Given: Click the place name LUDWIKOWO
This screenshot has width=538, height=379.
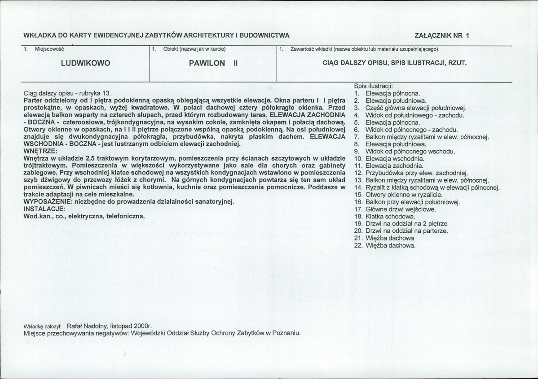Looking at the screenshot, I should point(85,63).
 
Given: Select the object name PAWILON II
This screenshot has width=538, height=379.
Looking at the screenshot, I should point(213,63).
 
